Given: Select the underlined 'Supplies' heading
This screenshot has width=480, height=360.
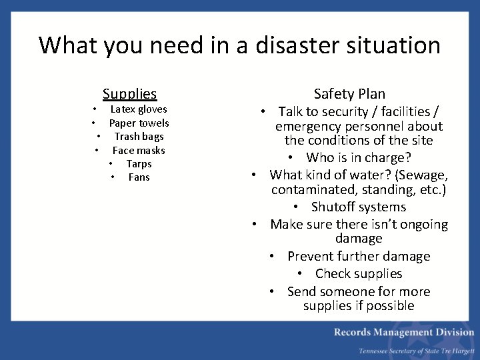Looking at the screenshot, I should point(129,94).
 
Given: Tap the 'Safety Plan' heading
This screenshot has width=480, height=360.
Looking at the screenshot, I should point(349,94).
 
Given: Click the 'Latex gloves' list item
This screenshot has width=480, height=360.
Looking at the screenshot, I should point(139,109).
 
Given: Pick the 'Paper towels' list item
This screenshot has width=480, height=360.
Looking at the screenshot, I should point(139,123).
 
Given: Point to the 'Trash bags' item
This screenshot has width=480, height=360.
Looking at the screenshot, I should point(139,137).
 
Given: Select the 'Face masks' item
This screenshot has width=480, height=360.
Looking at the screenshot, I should point(139,150).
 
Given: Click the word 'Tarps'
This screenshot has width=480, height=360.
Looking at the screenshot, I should point(139,164).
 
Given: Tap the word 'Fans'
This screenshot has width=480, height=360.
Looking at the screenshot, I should point(139,177).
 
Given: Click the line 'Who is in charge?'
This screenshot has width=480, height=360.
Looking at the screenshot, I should point(358,158).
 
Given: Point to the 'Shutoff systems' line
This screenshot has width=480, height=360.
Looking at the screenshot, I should point(358,207).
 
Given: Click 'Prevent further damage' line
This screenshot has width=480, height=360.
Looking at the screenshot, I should point(358,256).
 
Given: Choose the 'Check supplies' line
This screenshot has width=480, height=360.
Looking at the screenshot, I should point(358,273).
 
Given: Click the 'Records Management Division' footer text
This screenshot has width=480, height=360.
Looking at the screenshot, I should point(404,332).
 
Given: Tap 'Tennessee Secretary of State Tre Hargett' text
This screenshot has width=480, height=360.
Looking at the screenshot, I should point(416,351).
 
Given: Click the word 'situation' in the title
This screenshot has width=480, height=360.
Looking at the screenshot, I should point(400,45).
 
